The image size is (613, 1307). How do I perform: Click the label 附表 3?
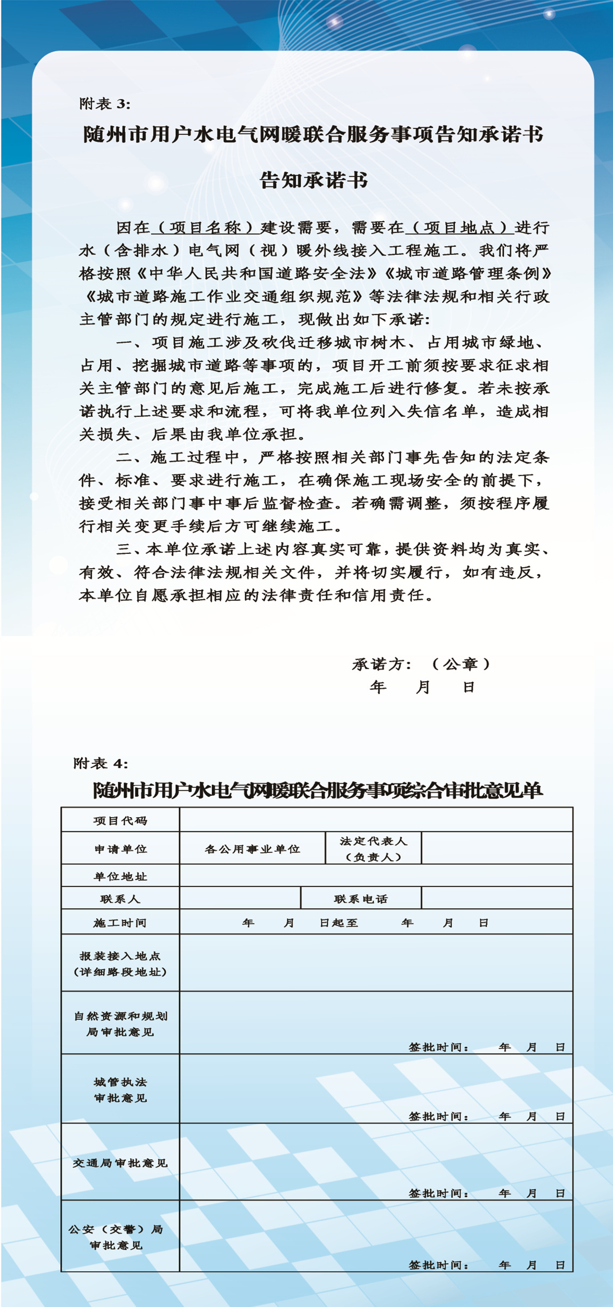105,103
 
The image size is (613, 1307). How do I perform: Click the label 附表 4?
101,763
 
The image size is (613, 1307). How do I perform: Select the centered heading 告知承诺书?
313,181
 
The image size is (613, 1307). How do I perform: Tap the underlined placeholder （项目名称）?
206,228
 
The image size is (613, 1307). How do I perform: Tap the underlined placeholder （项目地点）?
460,228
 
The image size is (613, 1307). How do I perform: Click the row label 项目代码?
120,821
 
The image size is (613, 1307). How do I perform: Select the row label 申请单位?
120,849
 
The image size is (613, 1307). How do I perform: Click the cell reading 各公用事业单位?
253,849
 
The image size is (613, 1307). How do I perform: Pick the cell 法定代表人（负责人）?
373,849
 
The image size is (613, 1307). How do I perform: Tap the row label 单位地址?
120,876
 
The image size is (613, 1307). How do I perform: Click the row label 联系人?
120,899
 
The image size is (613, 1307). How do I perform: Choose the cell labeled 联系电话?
361,899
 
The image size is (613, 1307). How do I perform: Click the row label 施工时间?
120,923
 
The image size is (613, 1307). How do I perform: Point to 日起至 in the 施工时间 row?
339,923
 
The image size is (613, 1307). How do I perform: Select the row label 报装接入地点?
120,964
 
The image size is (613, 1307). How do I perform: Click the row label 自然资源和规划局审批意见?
120,1024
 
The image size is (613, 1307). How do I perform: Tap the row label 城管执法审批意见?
120,1090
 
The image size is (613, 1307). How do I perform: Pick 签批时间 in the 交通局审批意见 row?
439,1193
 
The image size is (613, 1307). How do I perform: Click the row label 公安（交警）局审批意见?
117,1237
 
